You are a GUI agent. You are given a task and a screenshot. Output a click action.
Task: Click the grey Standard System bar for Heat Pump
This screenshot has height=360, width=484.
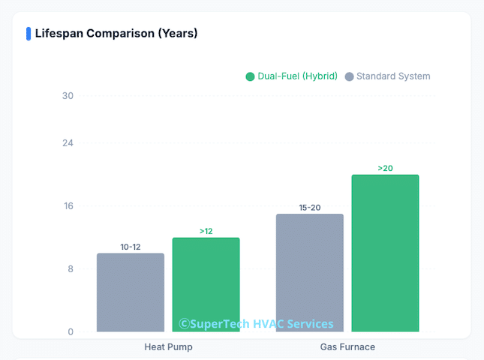point(130,292)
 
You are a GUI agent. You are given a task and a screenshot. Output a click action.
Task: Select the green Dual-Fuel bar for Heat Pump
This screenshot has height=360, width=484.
point(206,285)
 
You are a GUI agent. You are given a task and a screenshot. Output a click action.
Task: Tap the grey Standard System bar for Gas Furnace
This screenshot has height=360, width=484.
point(309,273)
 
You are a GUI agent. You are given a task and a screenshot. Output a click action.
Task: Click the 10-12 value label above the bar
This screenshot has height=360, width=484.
point(130,247)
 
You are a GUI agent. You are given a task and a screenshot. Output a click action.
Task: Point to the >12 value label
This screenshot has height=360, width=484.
point(206,231)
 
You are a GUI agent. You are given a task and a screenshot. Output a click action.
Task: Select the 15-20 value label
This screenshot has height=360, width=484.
point(309,208)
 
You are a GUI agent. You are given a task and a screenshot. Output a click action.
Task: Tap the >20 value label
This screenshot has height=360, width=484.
point(385,168)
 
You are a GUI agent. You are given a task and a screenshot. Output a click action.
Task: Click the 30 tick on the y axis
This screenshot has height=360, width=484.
point(68,95)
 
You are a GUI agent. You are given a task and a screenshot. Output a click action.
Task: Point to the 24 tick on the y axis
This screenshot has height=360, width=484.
point(68,142)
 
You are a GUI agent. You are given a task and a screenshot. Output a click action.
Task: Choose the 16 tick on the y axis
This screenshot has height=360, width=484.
point(68,205)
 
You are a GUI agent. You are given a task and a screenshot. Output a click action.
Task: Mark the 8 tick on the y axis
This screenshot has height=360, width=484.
point(70,268)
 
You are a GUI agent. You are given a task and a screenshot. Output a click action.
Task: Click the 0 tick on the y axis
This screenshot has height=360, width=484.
point(71,331)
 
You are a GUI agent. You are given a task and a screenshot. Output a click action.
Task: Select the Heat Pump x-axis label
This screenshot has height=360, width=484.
point(168,347)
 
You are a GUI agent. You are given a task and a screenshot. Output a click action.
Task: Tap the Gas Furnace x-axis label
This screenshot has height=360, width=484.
point(347,347)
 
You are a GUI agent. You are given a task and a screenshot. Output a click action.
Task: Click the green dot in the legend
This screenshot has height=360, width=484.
point(250,76)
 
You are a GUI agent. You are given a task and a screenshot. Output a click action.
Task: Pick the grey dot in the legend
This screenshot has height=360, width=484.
point(349,76)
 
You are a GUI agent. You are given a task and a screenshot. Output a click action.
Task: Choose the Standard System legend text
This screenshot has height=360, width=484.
point(393,76)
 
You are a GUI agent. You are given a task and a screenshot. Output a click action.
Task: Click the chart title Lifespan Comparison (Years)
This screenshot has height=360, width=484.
point(116,33)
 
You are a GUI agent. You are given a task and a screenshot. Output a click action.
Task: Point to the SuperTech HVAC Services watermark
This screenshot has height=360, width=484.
point(256,324)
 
